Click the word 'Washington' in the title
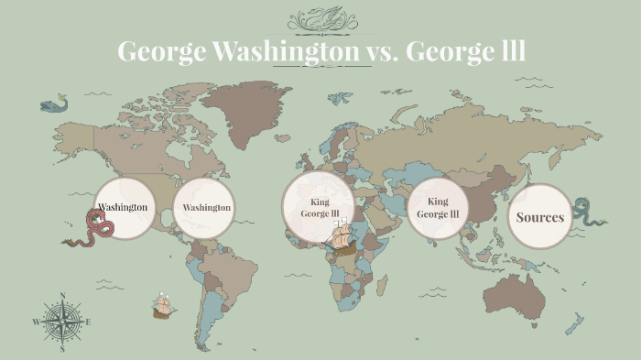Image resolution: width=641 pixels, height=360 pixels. point(286,52)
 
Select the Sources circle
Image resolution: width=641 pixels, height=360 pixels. point(539,217)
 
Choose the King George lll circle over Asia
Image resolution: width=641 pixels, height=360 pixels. point(438,208)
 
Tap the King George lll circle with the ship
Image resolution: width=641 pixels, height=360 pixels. point(318,207)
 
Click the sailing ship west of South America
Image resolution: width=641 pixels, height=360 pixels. point(164,307)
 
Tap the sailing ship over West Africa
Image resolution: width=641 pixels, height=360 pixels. point(341,240)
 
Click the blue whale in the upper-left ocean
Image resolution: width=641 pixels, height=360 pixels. point(54,104)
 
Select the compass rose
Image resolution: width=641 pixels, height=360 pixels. point(62,322)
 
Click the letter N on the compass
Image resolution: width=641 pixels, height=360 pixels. point(62,296)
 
